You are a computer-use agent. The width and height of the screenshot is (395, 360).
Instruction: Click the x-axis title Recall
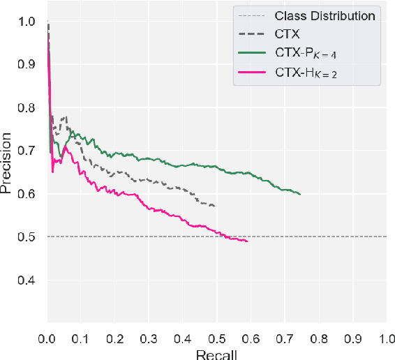pyautogui.click(x=217, y=354)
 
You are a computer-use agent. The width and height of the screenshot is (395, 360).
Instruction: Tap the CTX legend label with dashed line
pyautogui.click(x=287, y=33)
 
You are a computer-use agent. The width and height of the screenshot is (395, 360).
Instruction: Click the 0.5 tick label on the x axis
pyautogui.click(x=217, y=338)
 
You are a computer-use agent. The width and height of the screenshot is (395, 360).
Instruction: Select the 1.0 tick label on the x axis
pyautogui.click(x=386, y=338)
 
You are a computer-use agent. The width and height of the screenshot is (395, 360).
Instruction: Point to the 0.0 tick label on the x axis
pyautogui.click(x=47, y=338)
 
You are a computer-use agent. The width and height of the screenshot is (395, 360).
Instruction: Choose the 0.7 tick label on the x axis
pyautogui.click(x=285, y=338)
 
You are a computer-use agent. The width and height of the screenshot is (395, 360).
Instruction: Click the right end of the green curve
pyautogui.click(x=300, y=194)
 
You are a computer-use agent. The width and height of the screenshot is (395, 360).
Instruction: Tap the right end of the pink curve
pyautogui.click(x=247, y=241)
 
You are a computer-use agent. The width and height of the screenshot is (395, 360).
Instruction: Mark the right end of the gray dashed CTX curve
pyautogui.click(x=214, y=206)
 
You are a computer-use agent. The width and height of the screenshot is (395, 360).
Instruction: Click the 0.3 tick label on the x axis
pyautogui.click(x=149, y=338)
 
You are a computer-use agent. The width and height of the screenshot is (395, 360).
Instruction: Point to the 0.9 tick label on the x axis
pyautogui.click(x=352, y=338)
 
